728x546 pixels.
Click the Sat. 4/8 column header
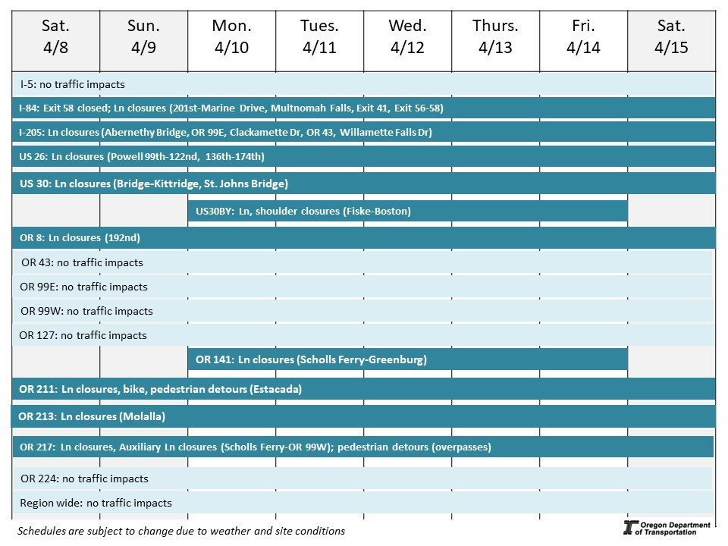pos(55,37)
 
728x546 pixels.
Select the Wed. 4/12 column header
pos(407,37)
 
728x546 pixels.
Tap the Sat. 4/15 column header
pos(671,37)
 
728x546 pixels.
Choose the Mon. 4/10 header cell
pos(231,37)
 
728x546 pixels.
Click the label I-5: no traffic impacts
pos(72,84)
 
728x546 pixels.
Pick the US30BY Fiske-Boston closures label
pos(303,211)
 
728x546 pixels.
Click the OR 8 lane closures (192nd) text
pos(80,238)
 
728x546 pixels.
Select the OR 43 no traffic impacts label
pos(82,262)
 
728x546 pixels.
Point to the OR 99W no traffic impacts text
pos(86,311)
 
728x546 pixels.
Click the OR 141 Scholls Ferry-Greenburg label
pos(311,359)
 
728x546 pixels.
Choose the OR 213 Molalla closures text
pos(92,416)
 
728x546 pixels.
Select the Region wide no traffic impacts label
pos(96,503)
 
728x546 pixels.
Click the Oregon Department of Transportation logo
pos(666,528)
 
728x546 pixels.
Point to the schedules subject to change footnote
pos(180,531)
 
